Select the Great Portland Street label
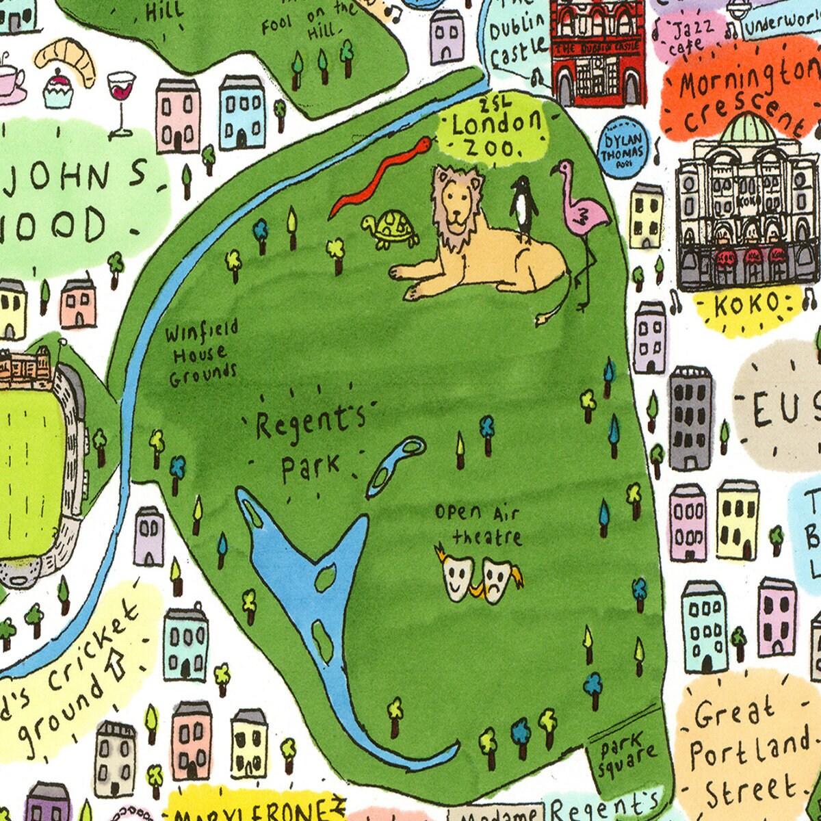pos(746,753)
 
